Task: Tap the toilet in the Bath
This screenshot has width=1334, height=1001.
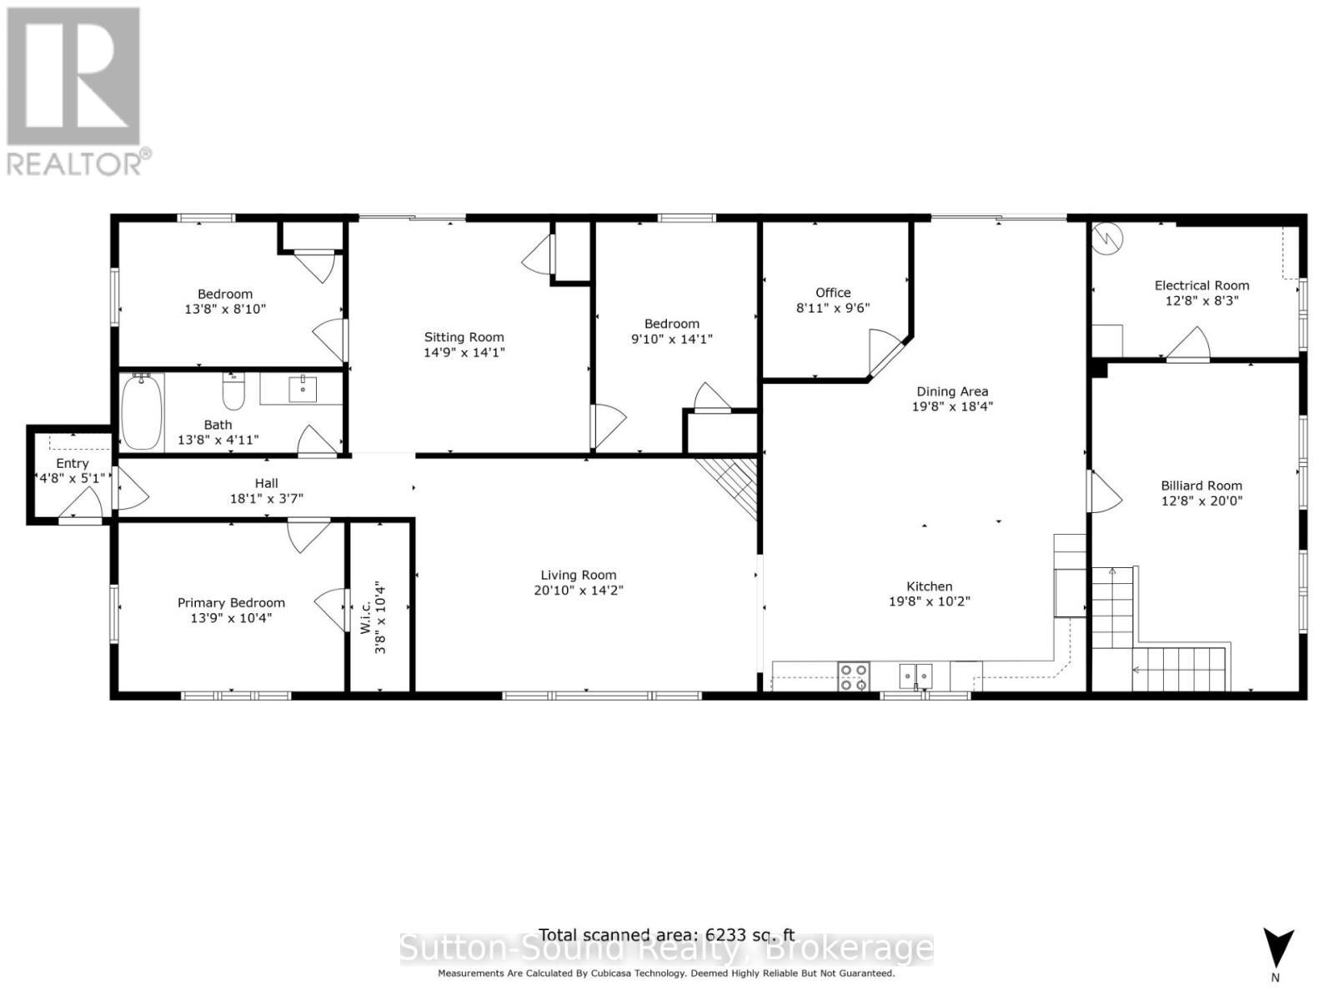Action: tap(233, 392)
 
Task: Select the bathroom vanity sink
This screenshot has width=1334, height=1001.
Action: tap(303, 389)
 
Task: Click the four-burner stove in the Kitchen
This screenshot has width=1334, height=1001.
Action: tap(853, 676)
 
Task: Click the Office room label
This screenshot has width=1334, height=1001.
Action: tap(833, 293)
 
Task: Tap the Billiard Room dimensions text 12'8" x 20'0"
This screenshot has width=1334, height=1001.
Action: tap(1201, 501)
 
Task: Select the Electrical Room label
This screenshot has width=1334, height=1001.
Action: tap(1201, 285)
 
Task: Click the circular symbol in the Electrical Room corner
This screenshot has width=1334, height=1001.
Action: tap(1109, 239)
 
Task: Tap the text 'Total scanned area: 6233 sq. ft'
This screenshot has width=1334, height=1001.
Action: tap(666, 935)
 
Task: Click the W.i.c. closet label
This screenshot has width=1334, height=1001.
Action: tap(365, 617)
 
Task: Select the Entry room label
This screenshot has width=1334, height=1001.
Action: tap(73, 463)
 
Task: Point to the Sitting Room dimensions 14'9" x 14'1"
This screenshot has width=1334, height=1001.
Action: tap(464, 353)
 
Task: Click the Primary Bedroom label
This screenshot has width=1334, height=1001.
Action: tap(231, 602)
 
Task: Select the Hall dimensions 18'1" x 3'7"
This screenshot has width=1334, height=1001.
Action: tap(266, 499)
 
